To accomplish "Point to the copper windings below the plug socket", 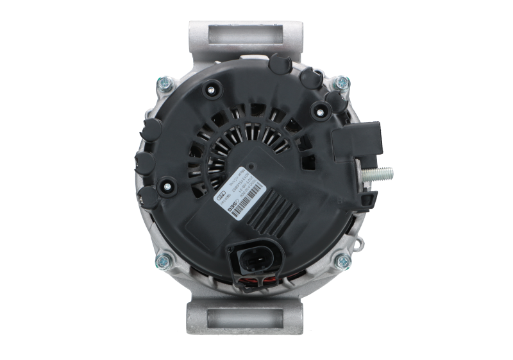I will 254,280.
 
